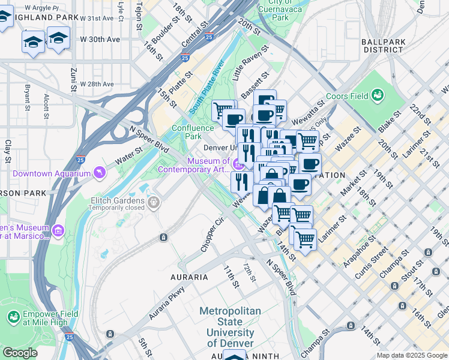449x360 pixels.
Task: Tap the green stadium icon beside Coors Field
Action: (x=378, y=95)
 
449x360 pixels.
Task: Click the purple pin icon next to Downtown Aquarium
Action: (x=98, y=173)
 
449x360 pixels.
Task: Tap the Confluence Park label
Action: (x=193, y=132)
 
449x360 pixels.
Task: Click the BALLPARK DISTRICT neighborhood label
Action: (x=385, y=46)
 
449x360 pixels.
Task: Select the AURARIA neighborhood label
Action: (x=189, y=277)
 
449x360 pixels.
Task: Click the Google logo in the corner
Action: (x=20, y=353)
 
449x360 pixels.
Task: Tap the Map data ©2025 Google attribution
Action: (x=411, y=355)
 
